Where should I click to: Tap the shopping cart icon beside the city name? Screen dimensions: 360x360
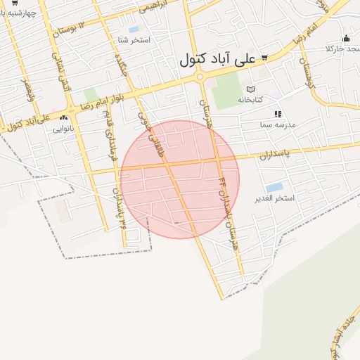pyautogui.click(x=264, y=58)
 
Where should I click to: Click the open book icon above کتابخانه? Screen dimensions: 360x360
pyautogui.click(x=250, y=89)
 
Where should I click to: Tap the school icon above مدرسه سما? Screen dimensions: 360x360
pyautogui.click(x=278, y=113)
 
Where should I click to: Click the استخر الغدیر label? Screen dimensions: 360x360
pyautogui.click(x=275, y=198)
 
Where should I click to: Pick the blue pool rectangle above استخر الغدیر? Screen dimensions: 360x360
pyautogui.click(x=275, y=187)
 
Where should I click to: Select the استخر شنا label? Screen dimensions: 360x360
pyautogui.click(x=134, y=40)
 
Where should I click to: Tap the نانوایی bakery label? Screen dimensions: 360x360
pyautogui.click(x=63, y=129)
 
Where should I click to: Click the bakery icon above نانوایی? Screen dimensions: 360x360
pyautogui.click(x=65, y=119)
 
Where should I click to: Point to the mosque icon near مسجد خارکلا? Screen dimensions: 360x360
pyautogui.click(x=346, y=39)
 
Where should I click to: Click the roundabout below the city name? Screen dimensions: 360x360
pyautogui.click(x=200, y=77)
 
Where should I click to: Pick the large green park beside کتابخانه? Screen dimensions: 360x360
pyautogui.click(x=226, y=92)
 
